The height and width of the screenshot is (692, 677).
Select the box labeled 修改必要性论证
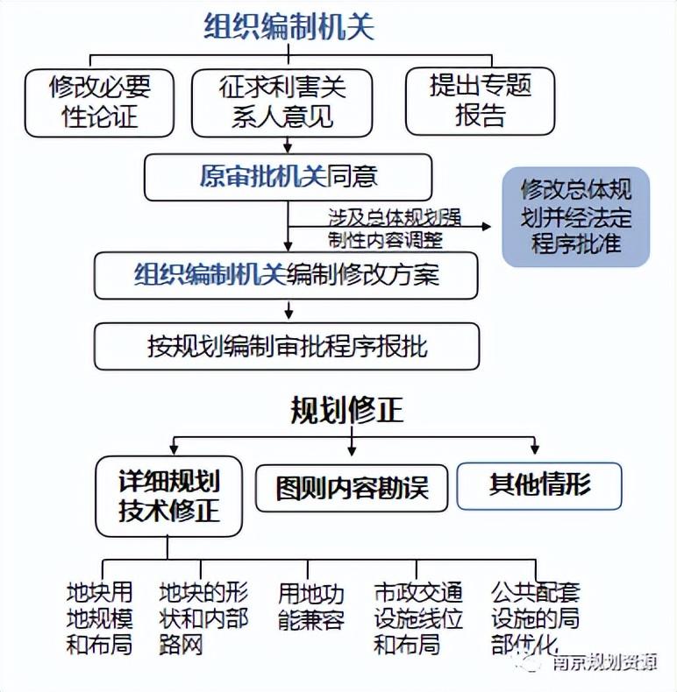coord(99,102)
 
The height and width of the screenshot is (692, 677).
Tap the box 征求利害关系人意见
coord(282,102)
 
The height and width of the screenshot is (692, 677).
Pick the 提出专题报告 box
coord(480,102)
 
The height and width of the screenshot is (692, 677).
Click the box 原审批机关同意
coord(289,176)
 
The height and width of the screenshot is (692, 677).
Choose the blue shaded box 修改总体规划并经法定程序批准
coord(575,216)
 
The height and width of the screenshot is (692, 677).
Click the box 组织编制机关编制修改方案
coord(287,276)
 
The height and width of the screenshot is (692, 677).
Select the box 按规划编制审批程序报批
coord(287,346)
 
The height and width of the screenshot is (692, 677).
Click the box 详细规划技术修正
coord(168,495)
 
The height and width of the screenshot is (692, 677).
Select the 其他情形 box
coord(539,484)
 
